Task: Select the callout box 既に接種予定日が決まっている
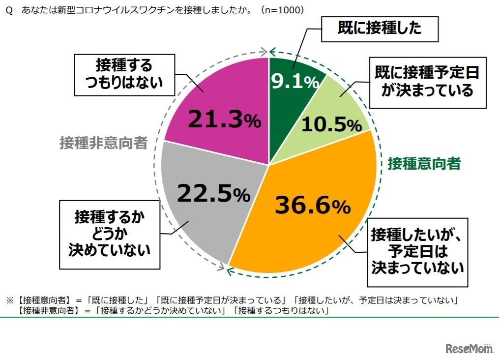[427, 82]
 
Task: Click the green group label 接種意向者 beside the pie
[424, 164]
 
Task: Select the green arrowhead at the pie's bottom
[229, 269]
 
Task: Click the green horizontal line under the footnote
[250, 318]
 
